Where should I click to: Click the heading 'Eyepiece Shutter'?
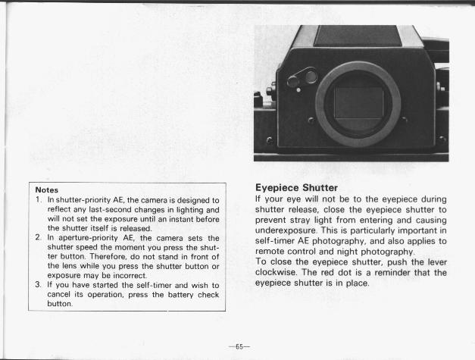296,187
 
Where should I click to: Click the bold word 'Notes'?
47,189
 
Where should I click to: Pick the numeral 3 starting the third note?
39,285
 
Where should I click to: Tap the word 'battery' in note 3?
167,295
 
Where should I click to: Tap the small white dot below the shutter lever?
298,91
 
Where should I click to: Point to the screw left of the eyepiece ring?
310,120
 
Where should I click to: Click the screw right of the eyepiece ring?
405,120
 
